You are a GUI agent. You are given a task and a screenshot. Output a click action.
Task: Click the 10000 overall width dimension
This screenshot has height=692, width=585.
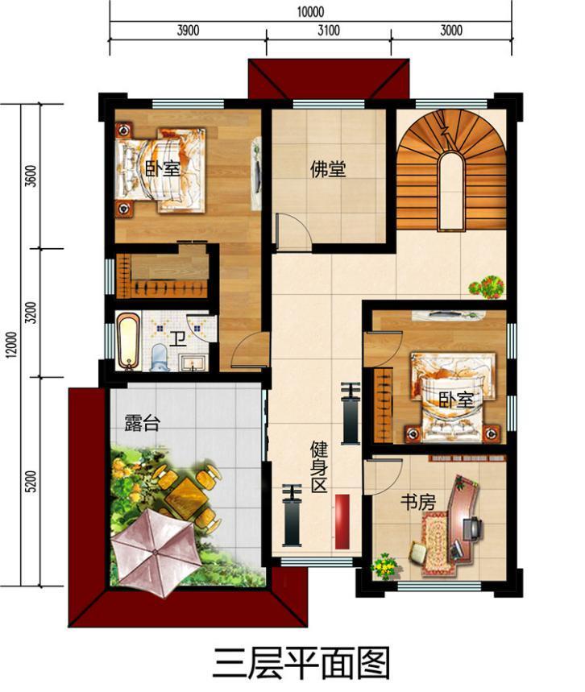(x=310, y=11)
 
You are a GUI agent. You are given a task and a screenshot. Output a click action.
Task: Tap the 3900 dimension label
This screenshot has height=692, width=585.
(x=187, y=31)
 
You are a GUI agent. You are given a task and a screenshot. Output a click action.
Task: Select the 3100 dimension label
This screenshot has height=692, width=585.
(x=329, y=31)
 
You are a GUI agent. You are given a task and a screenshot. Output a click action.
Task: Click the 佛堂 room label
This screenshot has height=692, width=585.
(x=328, y=170)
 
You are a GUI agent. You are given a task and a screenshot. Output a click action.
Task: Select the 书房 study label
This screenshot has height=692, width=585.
(x=418, y=502)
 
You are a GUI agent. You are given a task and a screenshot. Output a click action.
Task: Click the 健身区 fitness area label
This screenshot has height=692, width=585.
(x=320, y=467)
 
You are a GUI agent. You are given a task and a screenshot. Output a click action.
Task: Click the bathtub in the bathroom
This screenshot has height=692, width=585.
(x=127, y=342)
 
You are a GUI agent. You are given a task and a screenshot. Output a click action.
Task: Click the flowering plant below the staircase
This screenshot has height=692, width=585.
(x=487, y=286)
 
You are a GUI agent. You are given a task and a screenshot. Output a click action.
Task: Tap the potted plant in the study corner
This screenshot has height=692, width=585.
(x=386, y=566)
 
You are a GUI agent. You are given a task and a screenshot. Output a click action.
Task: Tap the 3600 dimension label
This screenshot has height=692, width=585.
(x=31, y=176)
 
